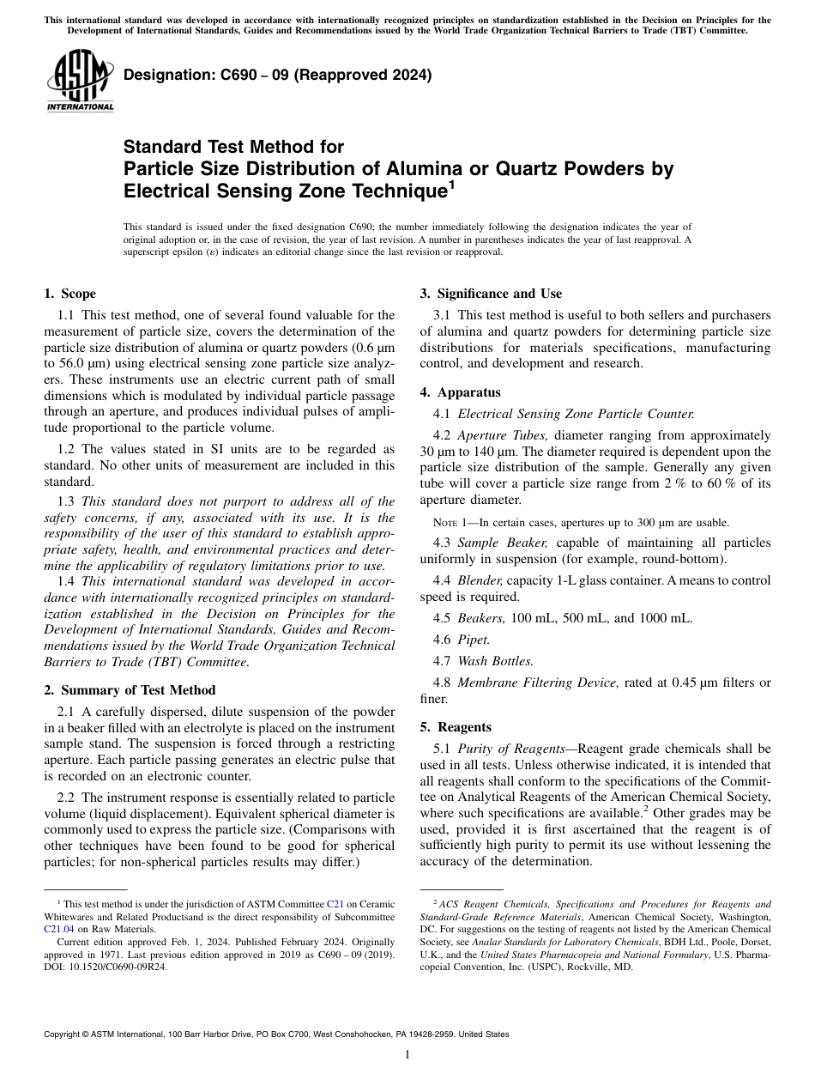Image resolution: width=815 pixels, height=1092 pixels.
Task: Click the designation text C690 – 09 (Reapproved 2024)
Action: pos(277,75)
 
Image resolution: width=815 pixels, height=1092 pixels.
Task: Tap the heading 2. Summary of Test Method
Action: pos(130,690)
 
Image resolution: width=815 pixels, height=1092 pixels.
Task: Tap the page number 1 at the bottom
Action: pos(407,1054)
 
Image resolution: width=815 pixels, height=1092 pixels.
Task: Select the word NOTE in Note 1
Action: pos(447,522)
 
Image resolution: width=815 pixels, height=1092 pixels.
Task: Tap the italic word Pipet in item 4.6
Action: pos(474,640)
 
